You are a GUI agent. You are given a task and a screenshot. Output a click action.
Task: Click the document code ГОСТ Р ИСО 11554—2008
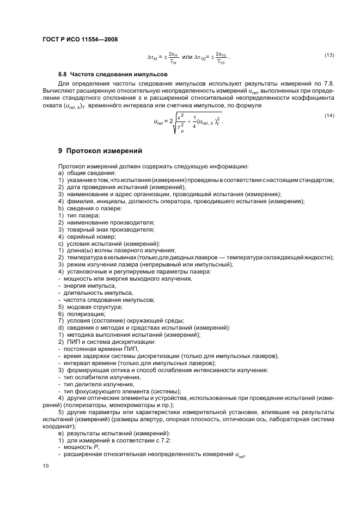pos(80,40)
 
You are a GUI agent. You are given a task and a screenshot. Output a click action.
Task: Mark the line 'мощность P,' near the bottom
pos(80,446)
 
